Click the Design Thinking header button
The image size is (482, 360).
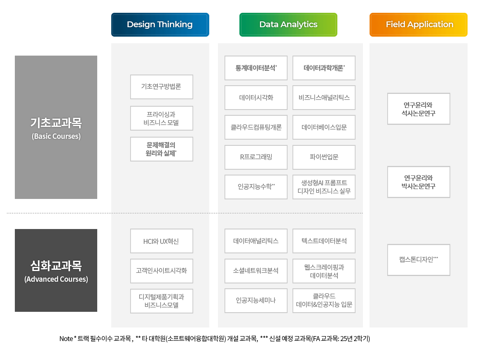[x=160, y=25]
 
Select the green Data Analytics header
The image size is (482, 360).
[x=288, y=25]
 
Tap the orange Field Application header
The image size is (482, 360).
[x=419, y=25]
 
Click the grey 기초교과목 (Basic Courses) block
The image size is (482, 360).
[x=56, y=127]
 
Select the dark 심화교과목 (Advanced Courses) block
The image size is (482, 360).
[x=56, y=271]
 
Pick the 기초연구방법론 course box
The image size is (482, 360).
[x=161, y=86]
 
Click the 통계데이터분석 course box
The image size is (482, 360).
[x=256, y=68]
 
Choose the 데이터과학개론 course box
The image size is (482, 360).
[x=324, y=68]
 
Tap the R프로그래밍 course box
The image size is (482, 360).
[x=256, y=157]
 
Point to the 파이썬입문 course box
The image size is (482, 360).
[x=324, y=157]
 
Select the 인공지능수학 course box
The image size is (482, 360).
[x=256, y=187]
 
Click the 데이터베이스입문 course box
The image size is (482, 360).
[x=324, y=127]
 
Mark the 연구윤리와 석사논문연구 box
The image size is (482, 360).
[x=419, y=109]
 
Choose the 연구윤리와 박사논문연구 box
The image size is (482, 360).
[x=419, y=182]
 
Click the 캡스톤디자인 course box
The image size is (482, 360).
[x=419, y=260]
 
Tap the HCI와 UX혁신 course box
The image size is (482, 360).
[x=161, y=241]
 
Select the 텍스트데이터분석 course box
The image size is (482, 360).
[x=324, y=241]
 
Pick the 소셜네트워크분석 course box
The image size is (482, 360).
[x=256, y=271]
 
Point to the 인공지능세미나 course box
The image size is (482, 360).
[x=256, y=301]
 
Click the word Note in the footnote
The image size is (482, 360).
[x=66, y=339]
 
